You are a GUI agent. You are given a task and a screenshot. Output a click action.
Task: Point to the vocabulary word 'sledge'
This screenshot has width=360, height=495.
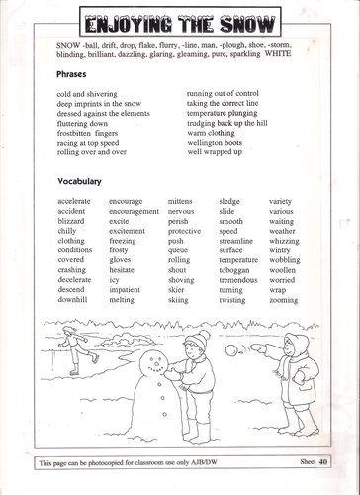[x=229, y=201]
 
